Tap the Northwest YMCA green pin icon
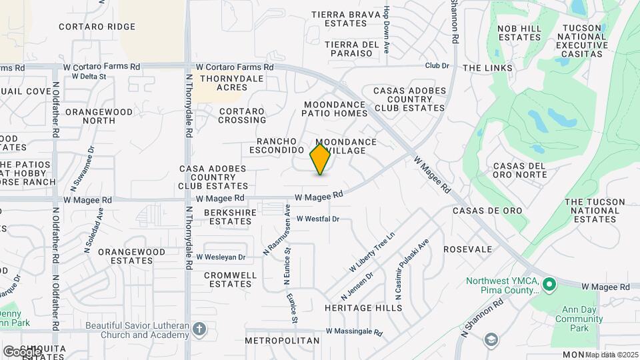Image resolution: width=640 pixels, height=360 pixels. click(x=549, y=285)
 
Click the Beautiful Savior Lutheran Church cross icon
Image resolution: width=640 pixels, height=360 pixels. click(x=199, y=329)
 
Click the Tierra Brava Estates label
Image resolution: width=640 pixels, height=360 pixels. click(x=346, y=18)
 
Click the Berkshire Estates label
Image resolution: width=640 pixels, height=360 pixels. click(x=227, y=217)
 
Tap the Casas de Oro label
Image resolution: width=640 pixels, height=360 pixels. click(x=487, y=211)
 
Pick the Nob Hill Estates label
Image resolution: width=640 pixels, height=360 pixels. click(x=519, y=33)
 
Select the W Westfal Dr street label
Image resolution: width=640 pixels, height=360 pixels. click(x=318, y=219)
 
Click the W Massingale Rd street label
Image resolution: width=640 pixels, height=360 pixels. click(x=354, y=331)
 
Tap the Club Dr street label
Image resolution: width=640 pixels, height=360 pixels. click(x=437, y=65)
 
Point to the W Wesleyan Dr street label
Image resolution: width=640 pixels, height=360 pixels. click(x=221, y=257)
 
